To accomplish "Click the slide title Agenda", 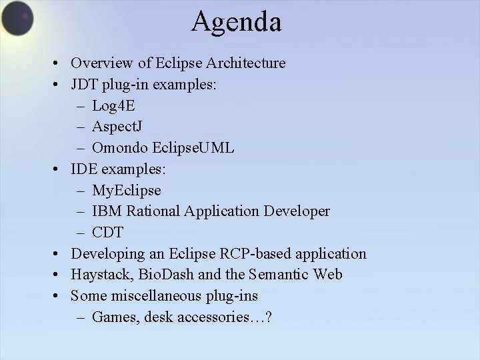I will click(236, 21).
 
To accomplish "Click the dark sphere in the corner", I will click(17, 18).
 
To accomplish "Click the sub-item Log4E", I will click(113, 106).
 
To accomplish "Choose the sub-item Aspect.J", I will click(117, 127).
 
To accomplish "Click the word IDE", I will click(83, 169).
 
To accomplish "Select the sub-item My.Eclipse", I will click(126, 191).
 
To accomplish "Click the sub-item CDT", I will click(108, 233).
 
